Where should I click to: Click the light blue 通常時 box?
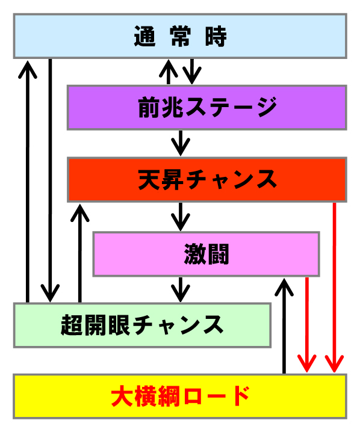(180, 36)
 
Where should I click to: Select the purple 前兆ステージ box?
(206, 108)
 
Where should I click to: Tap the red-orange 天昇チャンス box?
(206, 180)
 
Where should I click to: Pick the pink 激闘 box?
(206, 254)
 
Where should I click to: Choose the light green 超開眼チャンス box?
(142, 325)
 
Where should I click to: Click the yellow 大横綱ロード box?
(180, 397)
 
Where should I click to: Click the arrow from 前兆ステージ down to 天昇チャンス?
(181, 143)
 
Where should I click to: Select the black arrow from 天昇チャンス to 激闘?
(181, 217)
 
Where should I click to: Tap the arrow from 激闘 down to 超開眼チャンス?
(181, 289)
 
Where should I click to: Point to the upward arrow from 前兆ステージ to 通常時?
(169, 72)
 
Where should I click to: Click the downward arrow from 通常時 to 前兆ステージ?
(192, 72)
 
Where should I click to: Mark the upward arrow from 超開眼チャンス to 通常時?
(28, 181)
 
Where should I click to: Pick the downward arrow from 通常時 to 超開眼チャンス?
(50, 181)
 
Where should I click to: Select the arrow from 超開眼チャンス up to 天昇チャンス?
(80, 253)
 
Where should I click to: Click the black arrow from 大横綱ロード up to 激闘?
(284, 326)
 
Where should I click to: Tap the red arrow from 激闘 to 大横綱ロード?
(307, 325)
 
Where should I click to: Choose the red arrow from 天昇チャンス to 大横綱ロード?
(334, 288)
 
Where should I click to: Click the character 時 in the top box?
(216, 36)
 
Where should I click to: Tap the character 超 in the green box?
(72, 325)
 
